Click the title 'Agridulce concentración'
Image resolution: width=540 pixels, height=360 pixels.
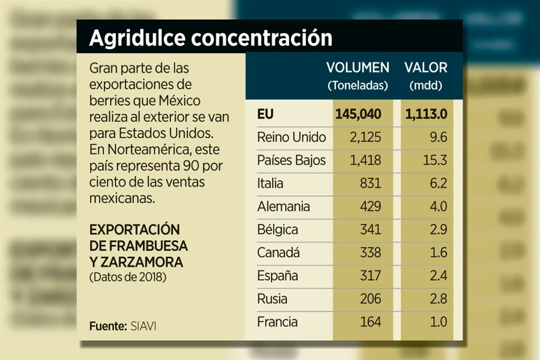tap(210, 38)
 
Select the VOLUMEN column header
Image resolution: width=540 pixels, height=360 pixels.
tap(358, 68)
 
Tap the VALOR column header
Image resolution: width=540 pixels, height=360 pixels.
tap(426, 68)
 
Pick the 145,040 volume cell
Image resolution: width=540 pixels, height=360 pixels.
tap(358, 114)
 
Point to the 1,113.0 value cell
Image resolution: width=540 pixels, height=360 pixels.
tap(426, 114)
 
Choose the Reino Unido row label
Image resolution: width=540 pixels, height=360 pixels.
tap(291, 137)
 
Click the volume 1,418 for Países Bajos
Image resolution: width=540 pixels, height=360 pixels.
tap(365, 160)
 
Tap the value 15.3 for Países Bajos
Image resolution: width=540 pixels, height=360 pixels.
tap(435, 160)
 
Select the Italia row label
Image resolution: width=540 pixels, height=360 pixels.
tap(270, 183)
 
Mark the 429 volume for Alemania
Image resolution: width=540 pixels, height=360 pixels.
tap(370, 206)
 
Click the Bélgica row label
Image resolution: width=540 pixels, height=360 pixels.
tap(277, 230)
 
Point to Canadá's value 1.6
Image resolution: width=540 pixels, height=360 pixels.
tap(438, 253)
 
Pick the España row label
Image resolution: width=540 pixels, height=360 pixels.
tap(277, 276)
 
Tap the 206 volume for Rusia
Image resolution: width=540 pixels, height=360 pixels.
tap(370, 299)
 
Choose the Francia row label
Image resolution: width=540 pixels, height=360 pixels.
tap(277, 322)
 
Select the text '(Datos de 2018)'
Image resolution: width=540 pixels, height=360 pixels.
tap(128, 277)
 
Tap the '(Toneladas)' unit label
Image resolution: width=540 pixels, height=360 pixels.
tap(358, 86)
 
